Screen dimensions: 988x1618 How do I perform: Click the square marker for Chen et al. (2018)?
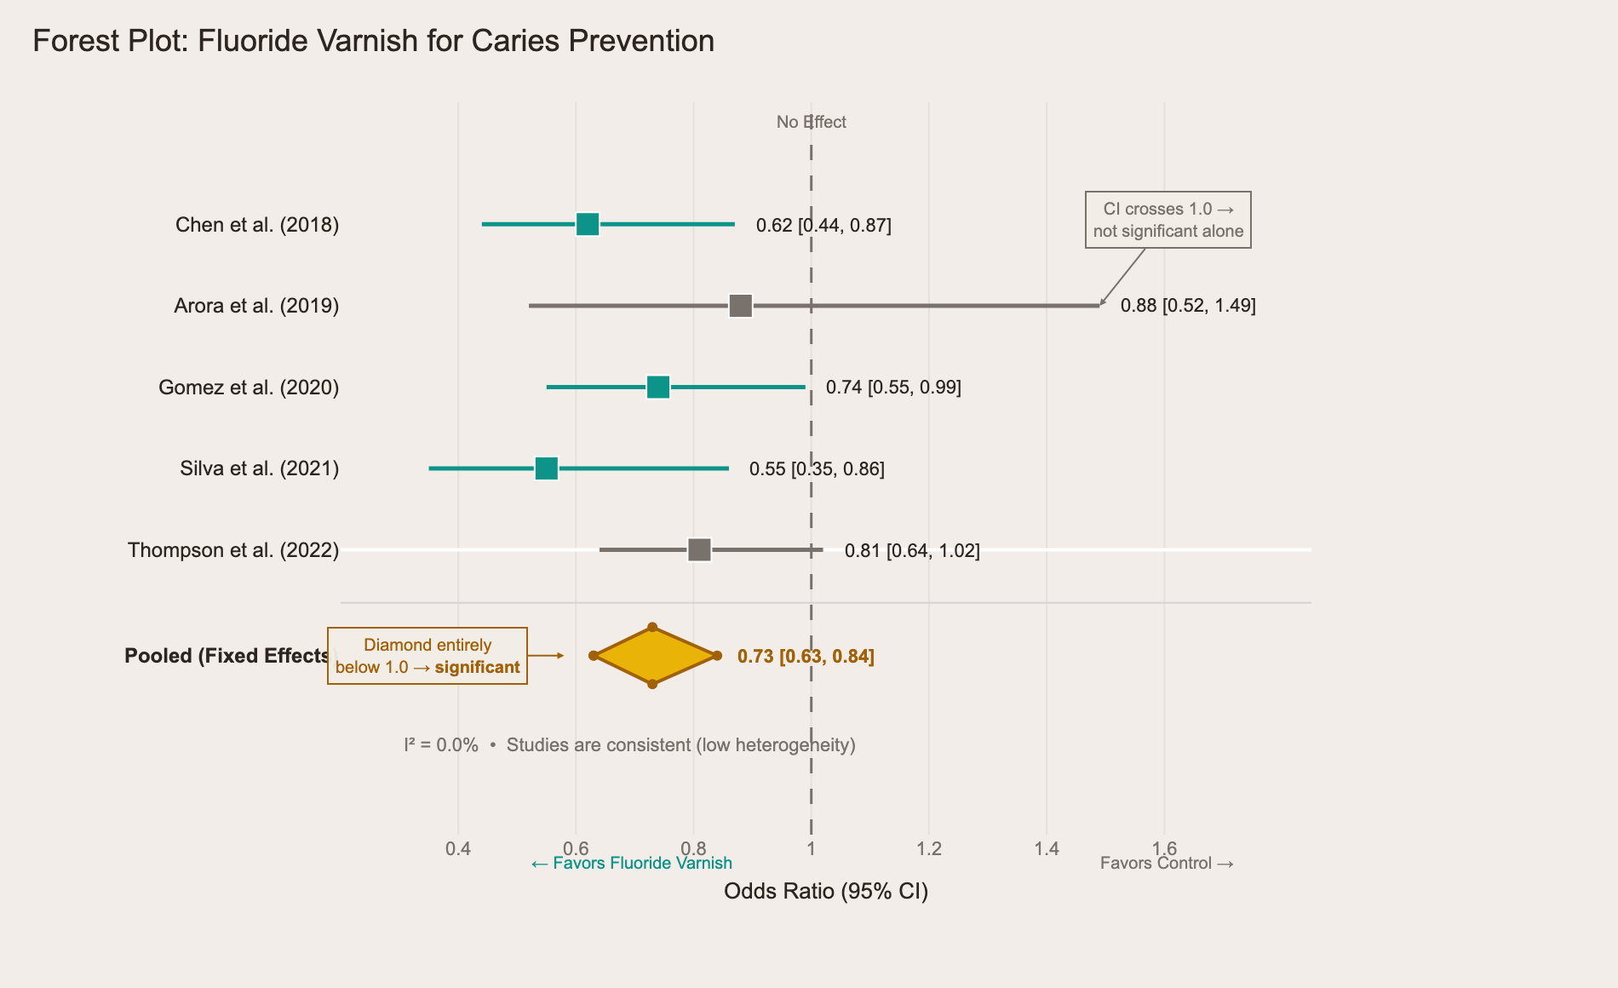tap(588, 224)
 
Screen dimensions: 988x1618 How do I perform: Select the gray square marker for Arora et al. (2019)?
tap(741, 306)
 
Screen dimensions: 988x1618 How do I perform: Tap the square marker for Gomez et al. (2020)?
tap(658, 387)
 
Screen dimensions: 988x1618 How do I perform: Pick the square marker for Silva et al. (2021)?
tap(547, 468)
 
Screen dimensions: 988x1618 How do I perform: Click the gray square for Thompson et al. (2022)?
tap(699, 550)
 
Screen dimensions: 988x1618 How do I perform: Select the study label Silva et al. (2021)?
tap(260, 468)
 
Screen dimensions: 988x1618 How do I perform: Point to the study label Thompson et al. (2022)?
tap(233, 550)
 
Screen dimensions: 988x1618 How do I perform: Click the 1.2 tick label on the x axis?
tap(929, 848)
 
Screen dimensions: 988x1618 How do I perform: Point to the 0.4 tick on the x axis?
tap(458, 848)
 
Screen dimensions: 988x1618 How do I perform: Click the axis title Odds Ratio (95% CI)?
tap(825, 891)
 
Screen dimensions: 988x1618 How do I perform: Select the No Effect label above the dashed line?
tap(811, 122)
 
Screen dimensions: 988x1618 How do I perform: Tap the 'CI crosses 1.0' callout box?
tap(1168, 220)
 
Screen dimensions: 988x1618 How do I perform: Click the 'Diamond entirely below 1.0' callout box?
tap(427, 656)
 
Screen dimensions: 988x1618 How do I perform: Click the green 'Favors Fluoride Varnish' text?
tap(631, 864)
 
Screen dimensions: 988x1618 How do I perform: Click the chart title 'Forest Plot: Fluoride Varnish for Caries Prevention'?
tap(373, 41)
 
